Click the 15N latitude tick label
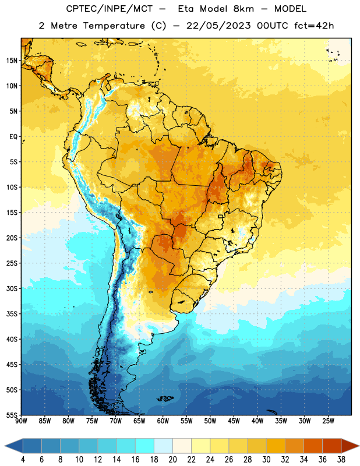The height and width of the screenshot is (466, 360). point(12,61)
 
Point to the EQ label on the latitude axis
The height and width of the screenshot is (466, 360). point(13,137)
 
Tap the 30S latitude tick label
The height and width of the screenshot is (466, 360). point(12,288)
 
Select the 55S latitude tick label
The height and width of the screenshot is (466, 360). point(12,415)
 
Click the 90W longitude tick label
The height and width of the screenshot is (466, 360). point(21,421)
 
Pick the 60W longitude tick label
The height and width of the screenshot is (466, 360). point(163,421)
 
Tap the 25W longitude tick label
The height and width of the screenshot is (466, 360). point(328,421)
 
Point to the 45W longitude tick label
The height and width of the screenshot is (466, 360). point(234,421)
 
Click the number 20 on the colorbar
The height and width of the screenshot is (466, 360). point(172,460)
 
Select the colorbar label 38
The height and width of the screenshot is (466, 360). point(341,460)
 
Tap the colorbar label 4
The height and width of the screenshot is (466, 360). point(23,460)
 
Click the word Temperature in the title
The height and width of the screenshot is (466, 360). point(114,26)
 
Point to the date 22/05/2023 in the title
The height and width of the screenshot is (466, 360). point(218,26)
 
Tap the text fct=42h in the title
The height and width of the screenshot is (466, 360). point(314,26)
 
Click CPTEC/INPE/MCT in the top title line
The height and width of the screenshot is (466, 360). point(109,9)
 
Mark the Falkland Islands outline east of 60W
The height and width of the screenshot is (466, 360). point(165,398)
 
